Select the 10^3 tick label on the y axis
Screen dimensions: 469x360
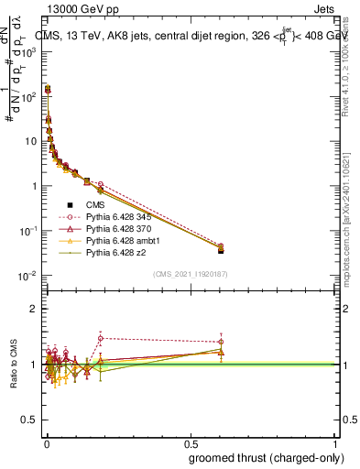click(28, 51)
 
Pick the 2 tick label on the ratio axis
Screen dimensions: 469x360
click(34, 309)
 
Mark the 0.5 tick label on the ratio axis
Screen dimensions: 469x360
click(30, 420)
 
